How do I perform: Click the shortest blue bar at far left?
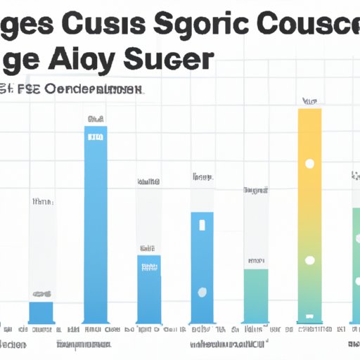click(x=41, y=311)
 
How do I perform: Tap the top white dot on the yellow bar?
click(x=309, y=164)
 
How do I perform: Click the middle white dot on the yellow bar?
click(x=309, y=260)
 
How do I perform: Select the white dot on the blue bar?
click(x=202, y=292)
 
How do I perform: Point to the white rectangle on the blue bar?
click(x=202, y=225)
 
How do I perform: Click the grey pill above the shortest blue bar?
click(x=41, y=293)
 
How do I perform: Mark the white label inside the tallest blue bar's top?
click(x=96, y=136)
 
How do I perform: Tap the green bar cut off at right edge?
click(x=355, y=264)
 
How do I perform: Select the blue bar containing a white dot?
click(x=202, y=267)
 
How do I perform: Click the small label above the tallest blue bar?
click(x=96, y=118)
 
